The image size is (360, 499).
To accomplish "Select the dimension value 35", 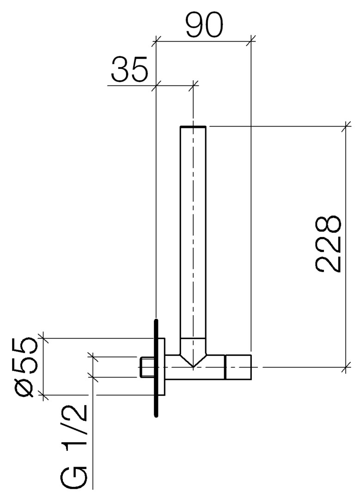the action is point(129,69).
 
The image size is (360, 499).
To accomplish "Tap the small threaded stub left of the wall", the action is point(147,367).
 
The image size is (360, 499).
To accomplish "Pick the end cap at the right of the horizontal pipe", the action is point(238,367).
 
